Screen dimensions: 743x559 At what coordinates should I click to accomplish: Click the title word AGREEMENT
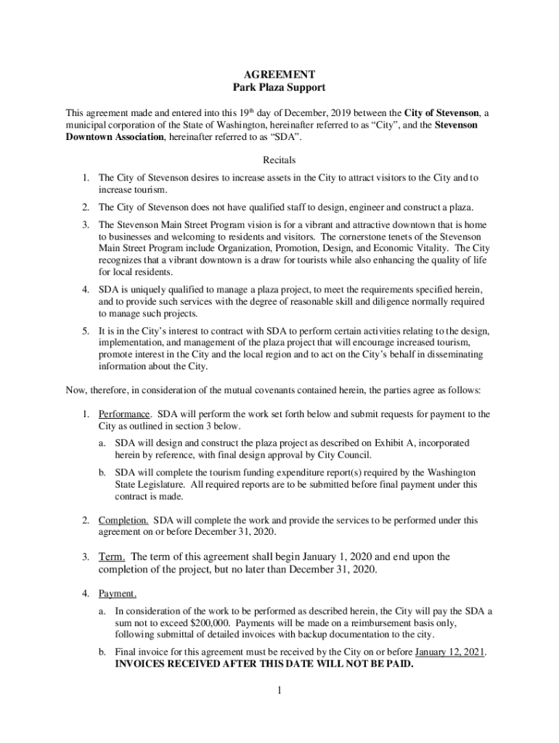[x=279, y=74]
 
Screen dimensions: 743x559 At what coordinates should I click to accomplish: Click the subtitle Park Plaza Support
[x=279, y=88]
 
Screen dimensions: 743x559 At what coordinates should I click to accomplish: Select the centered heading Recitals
[x=279, y=160]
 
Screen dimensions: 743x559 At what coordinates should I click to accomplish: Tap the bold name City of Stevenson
[x=441, y=113]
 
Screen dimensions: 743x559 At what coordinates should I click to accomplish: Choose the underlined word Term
[x=112, y=557]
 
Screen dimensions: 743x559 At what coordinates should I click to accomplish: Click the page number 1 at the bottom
[x=279, y=690]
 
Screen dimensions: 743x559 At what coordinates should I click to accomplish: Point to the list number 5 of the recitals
[x=85, y=331]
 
